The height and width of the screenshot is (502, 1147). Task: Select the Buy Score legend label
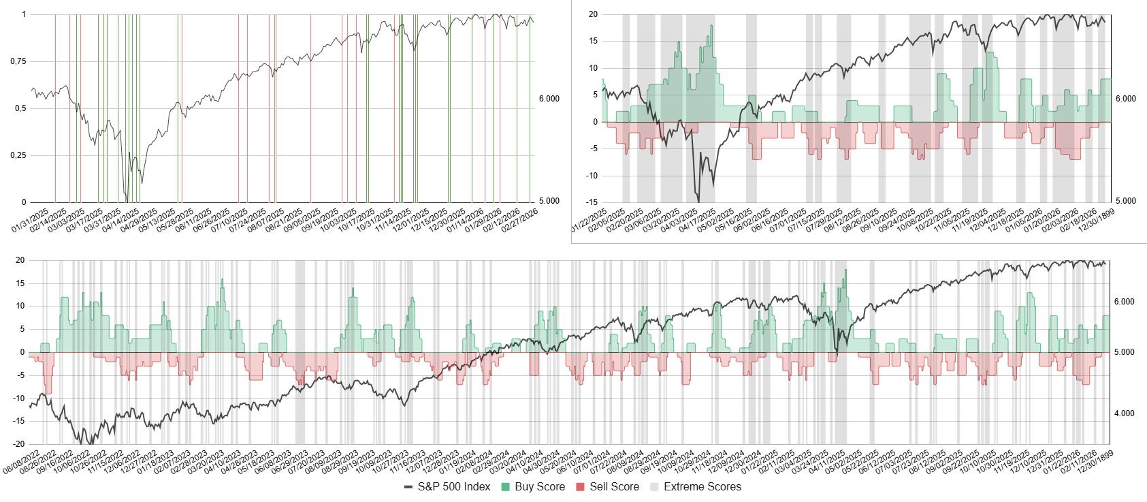click(x=540, y=487)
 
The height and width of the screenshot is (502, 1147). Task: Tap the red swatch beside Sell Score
click(x=581, y=487)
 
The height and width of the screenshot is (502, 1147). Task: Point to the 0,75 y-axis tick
click(x=18, y=61)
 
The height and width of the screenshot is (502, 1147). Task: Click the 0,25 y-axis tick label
click(x=18, y=155)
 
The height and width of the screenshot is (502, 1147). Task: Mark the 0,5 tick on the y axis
click(x=20, y=108)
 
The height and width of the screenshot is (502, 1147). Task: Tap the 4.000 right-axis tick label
click(x=1124, y=413)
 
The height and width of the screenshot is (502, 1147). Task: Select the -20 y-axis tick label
click(x=20, y=444)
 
